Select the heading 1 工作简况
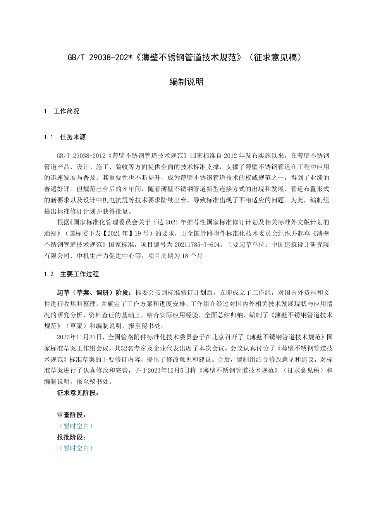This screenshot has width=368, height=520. click(62, 111)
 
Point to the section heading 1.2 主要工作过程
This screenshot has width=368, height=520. click(72, 274)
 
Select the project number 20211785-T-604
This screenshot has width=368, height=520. click(197, 245)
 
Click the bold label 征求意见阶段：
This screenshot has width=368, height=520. click(77, 393)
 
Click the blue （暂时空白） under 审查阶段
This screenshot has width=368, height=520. click(76, 426)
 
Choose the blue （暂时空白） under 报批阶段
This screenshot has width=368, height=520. click(76, 448)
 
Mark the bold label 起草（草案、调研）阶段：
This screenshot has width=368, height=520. click(95, 291)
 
